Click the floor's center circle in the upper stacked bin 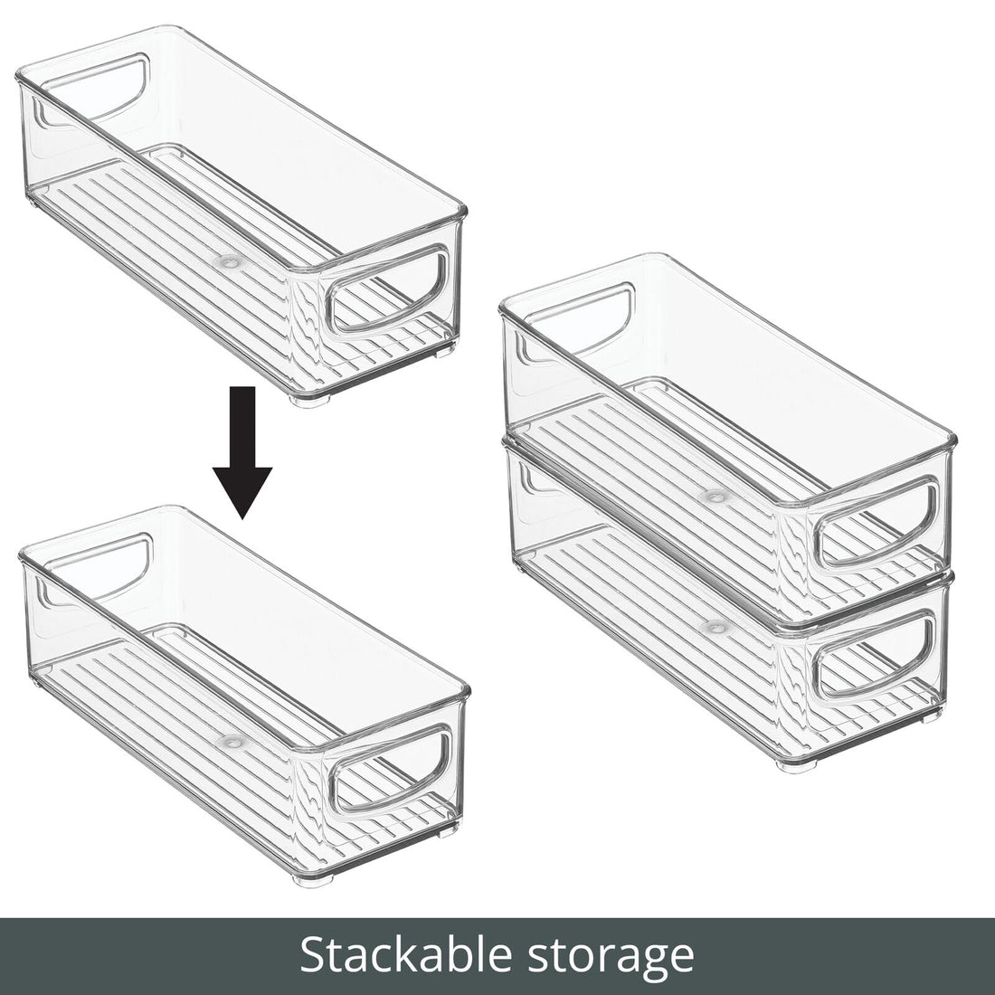click(716, 496)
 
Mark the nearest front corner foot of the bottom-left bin click(312, 878)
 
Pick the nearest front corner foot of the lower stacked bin click(792, 764)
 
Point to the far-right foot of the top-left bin click(442, 347)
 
